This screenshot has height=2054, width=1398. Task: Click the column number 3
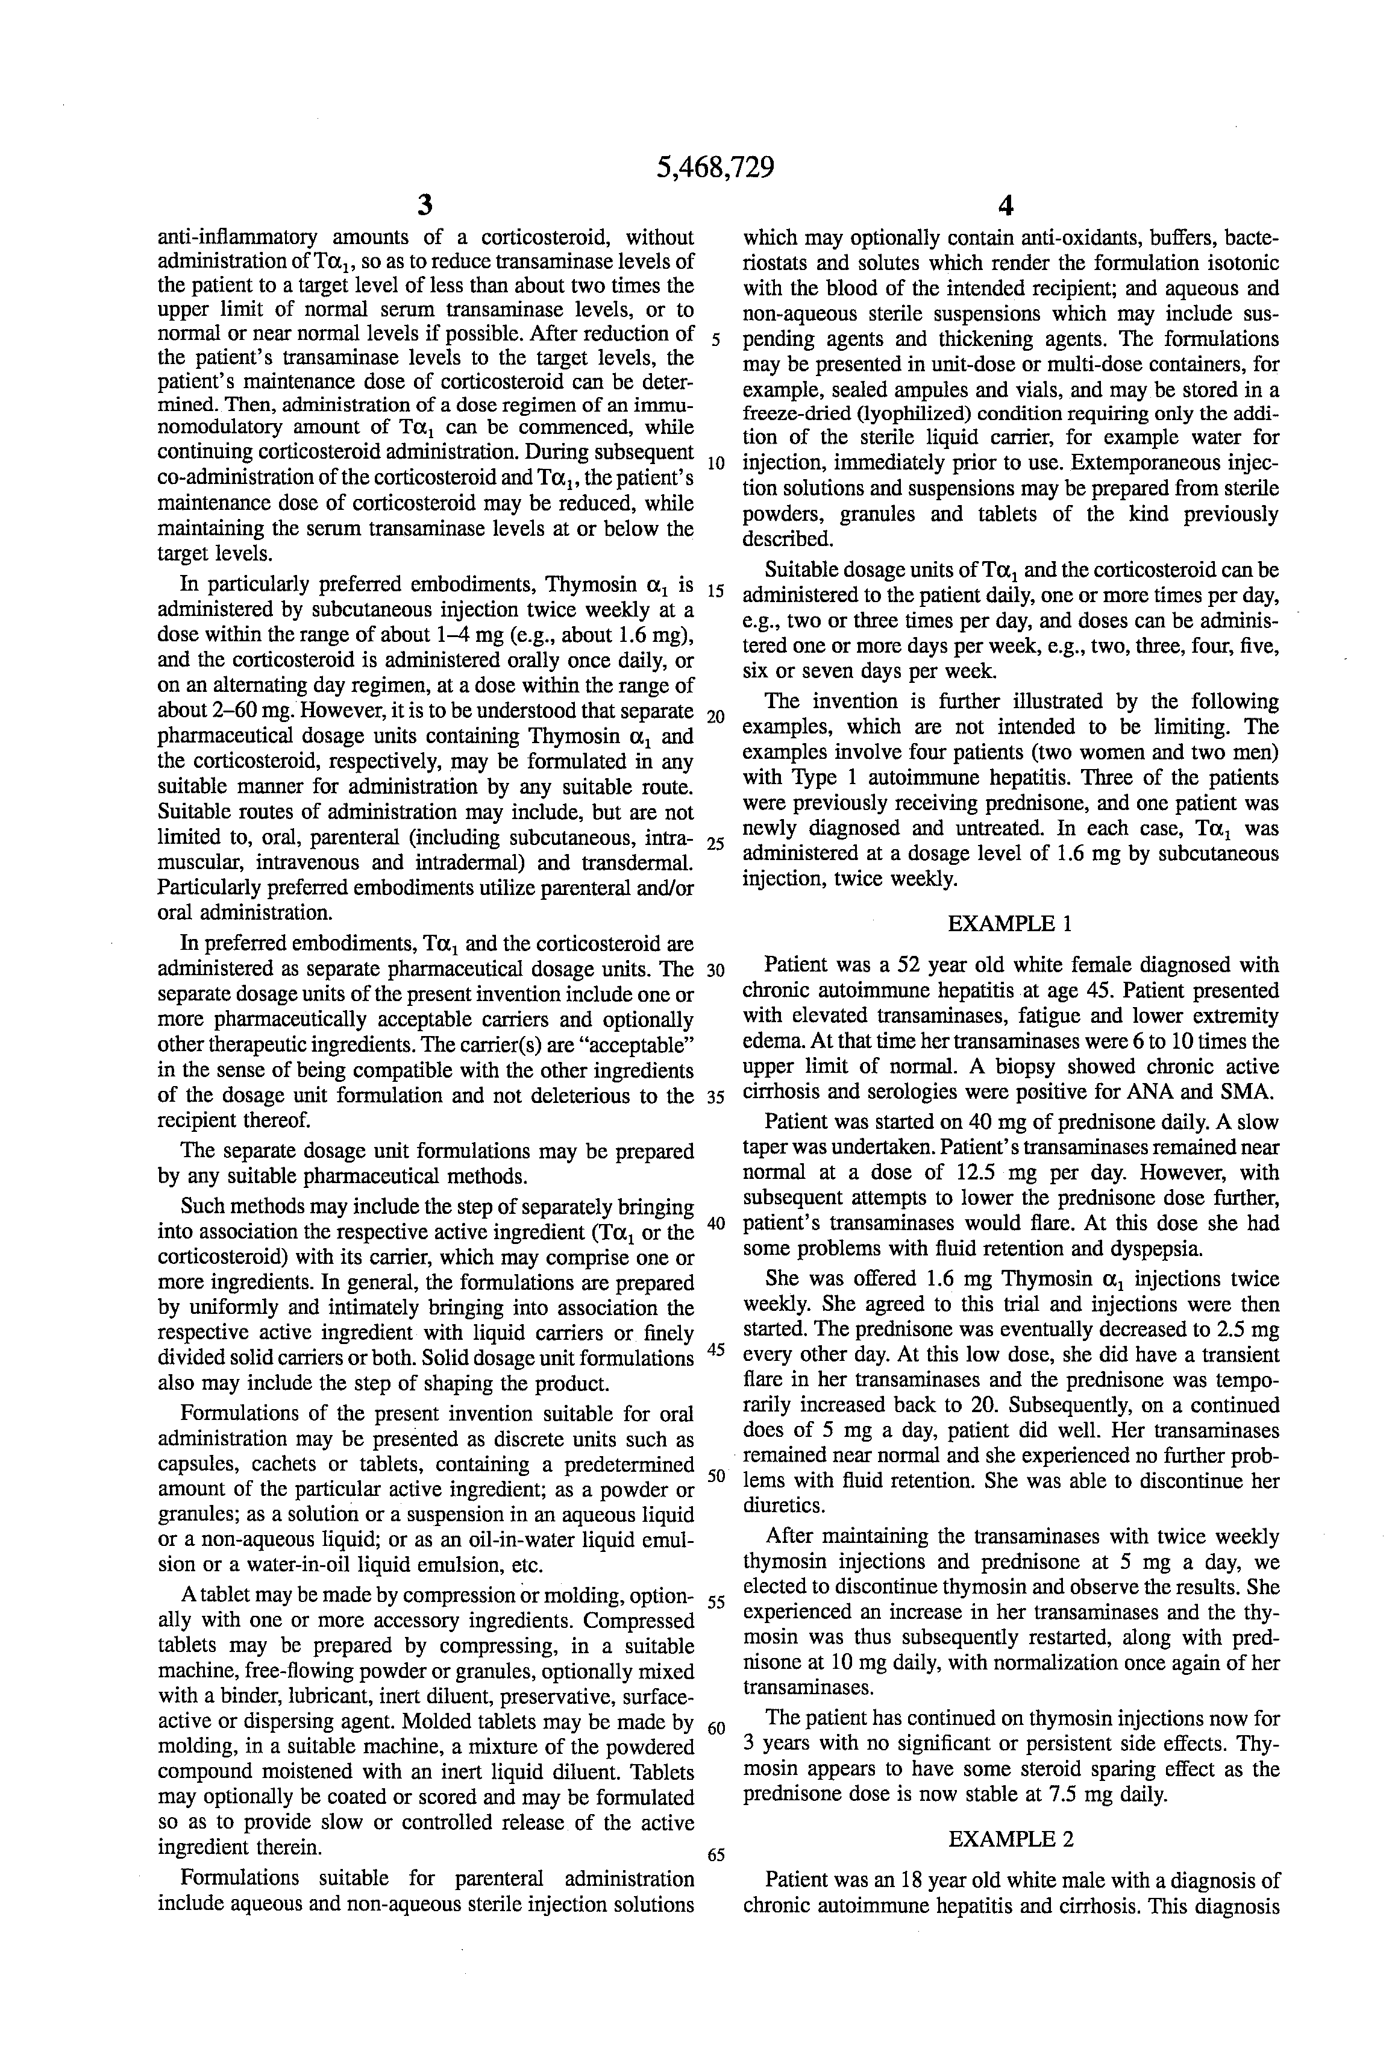click(425, 206)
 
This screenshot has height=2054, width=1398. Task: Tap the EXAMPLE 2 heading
click(1010, 1839)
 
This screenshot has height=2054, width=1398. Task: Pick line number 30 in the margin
click(716, 970)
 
